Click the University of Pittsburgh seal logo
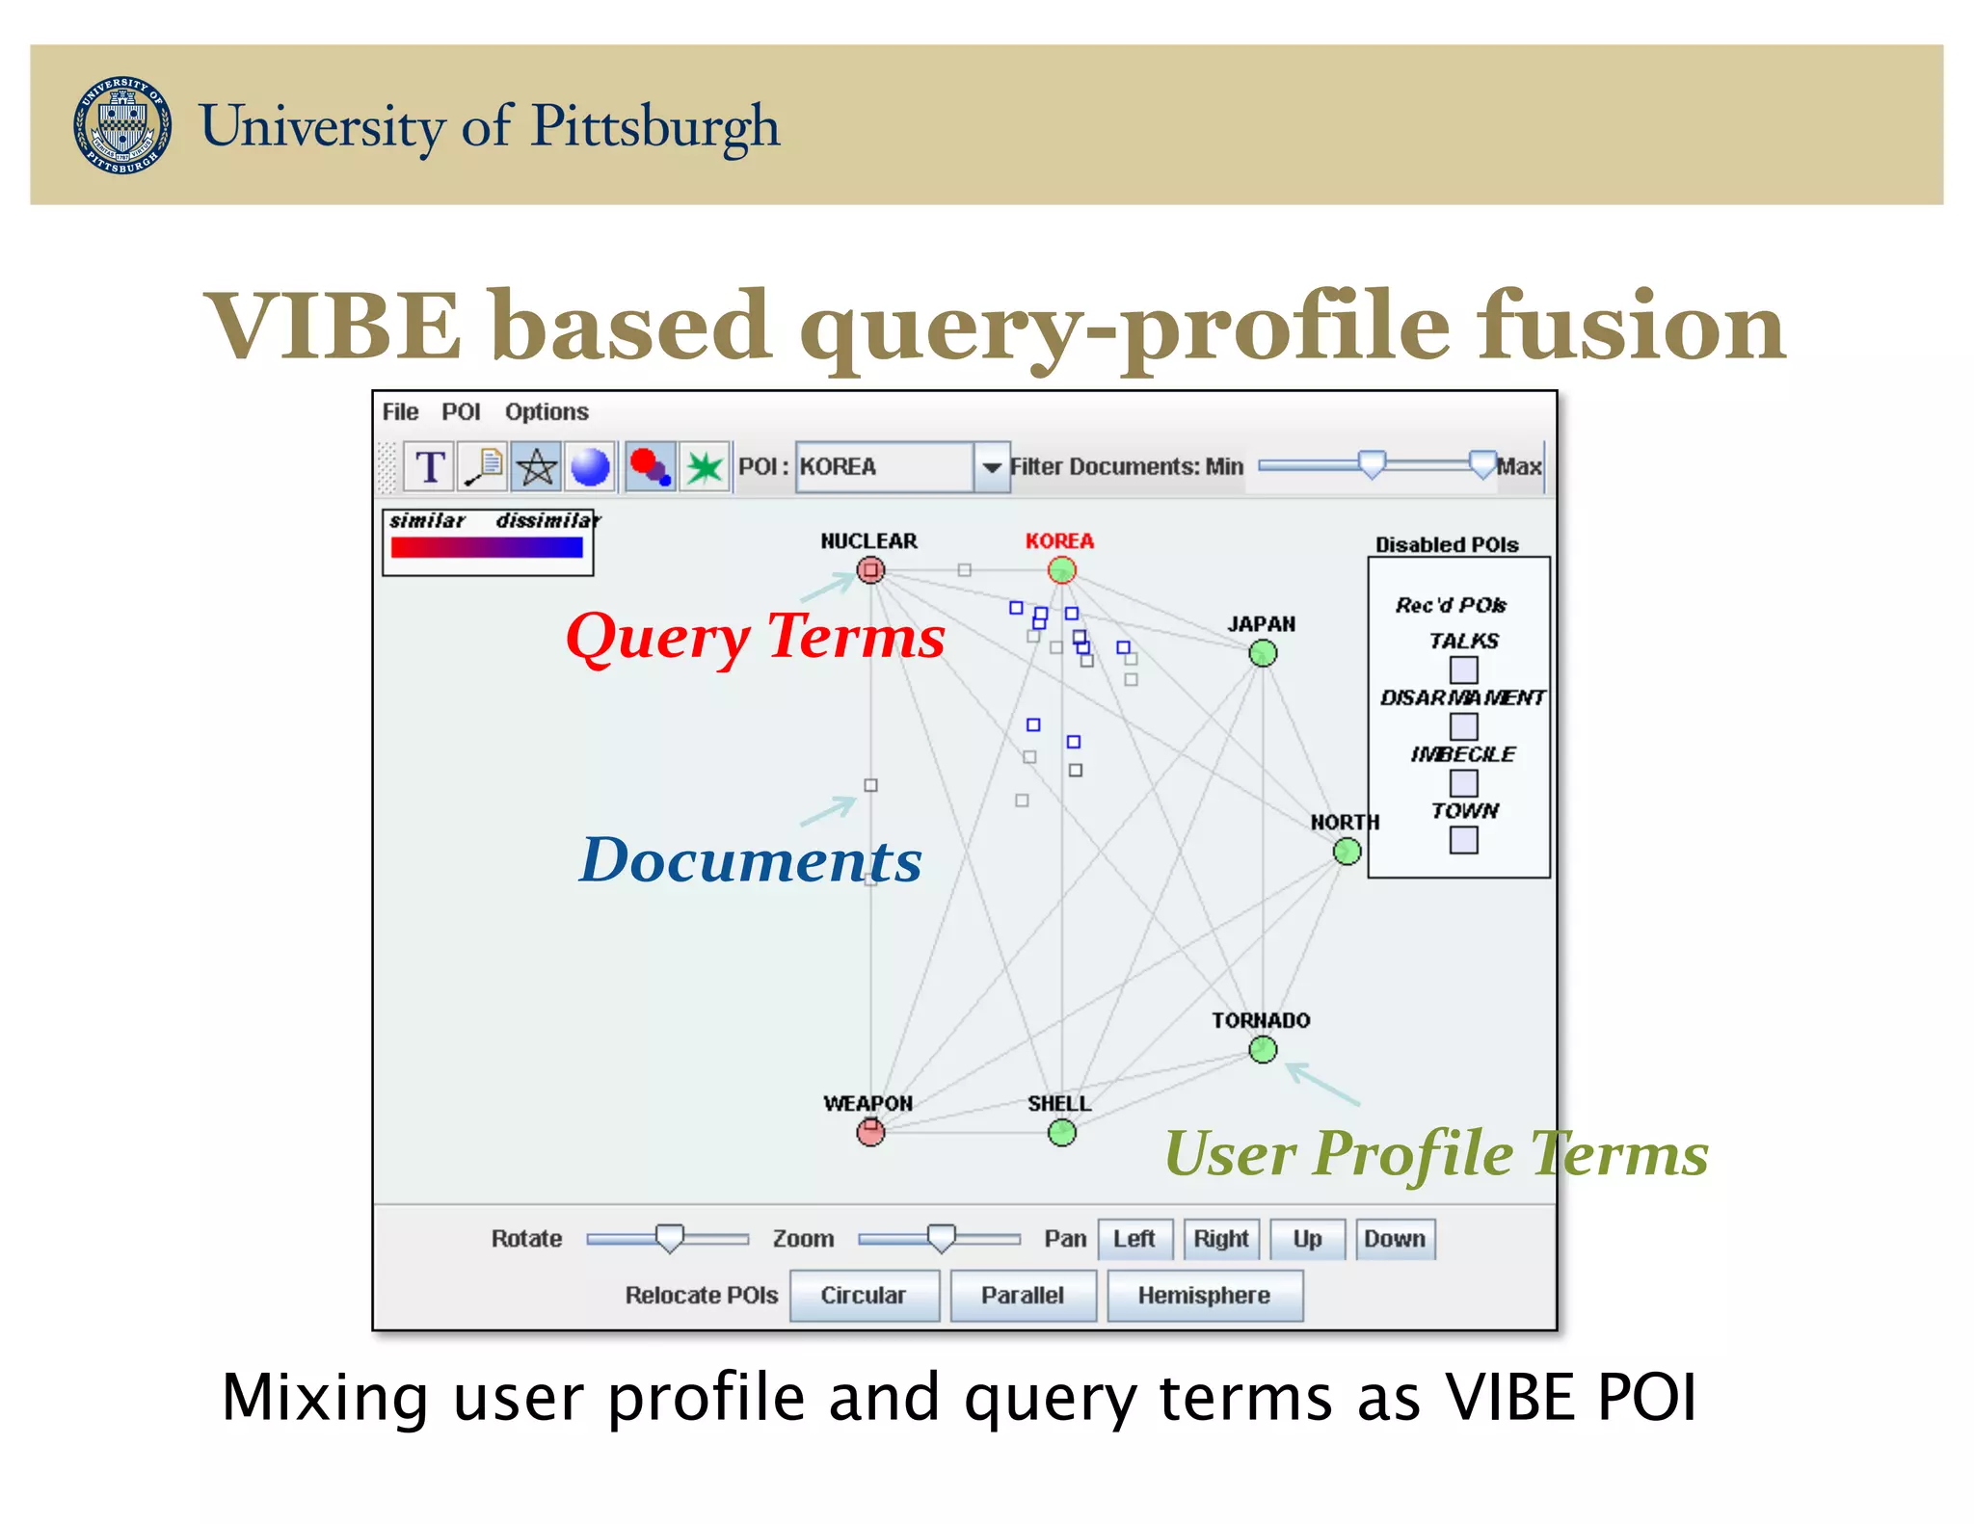(x=122, y=125)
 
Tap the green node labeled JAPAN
(x=1263, y=654)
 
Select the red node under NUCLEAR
(x=870, y=570)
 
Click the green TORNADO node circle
(x=1263, y=1050)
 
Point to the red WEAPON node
(x=870, y=1132)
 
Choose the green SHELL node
(x=1061, y=1133)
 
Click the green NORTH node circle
(x=1347, y=852)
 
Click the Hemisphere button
(x=1204, y=1296)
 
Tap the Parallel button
(x=1022, y=1296)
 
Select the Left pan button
(x=1134, y=1239)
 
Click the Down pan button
(x=1394, y=1239)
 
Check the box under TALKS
(x=1463, y=670)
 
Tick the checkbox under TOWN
(x=1463, y=840)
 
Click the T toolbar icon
(x=429, y=467)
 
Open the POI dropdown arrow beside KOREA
(x=991, y=467)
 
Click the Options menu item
(x=547, y=412)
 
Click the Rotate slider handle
(x=669, y=1238)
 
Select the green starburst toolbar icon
(x=705, y=467)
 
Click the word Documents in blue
(x=750, y=860)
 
